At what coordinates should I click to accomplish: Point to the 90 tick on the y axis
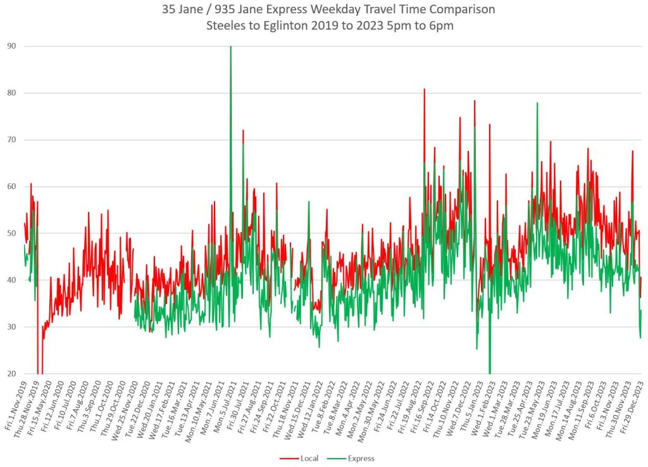[x=12, y=46]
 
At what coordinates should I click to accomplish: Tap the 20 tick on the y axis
[x=12, y=374]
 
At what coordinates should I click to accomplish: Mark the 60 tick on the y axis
[x=12, y=187]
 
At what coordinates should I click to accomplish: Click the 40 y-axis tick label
[x=12, y=280]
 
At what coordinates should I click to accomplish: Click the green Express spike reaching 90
[x=230, y=48]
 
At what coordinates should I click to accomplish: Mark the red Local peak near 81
[x=424, y=90]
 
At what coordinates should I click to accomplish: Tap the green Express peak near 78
[x=537, y=104]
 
